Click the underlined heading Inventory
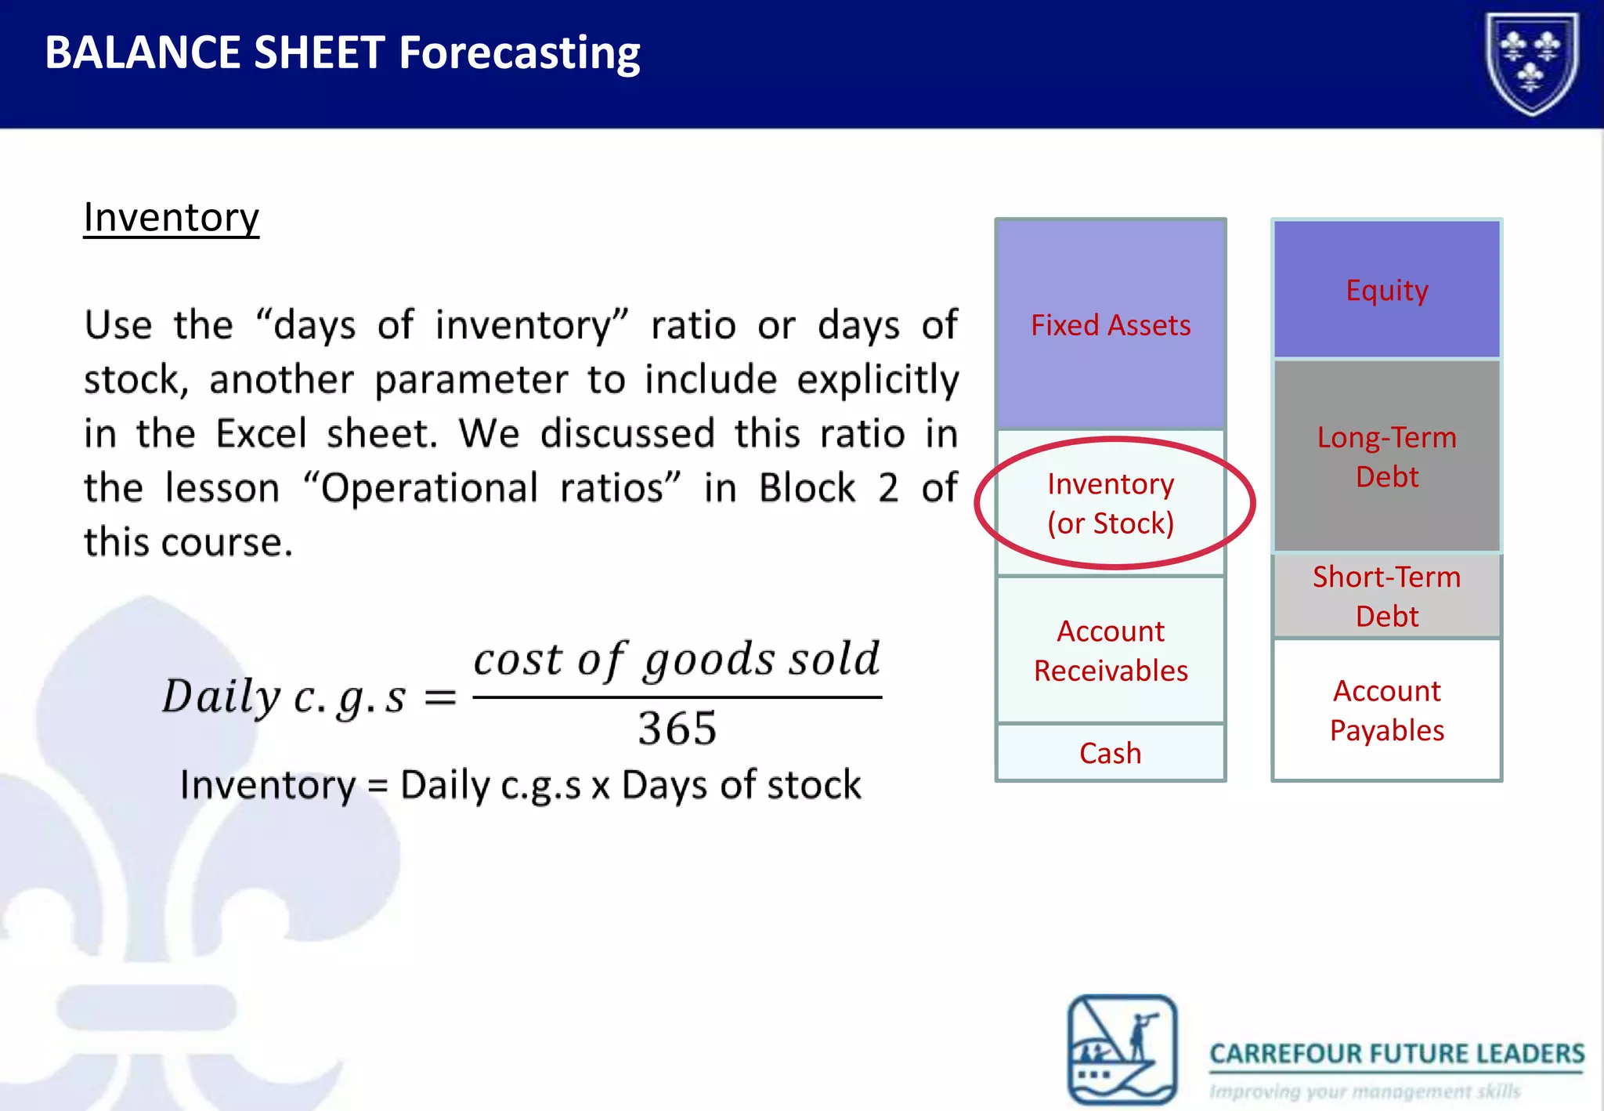tap(171, 217)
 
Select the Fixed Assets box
tap(1110, 324)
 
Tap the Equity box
tap(1386, 290)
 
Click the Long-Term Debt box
tap(1386, 456)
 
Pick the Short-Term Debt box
tap(1386, 596)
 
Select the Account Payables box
tap(1386, 710)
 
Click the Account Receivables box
tap(1110, 650)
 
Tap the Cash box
tap(1110, 753)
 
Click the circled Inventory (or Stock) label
tap(1111, 503)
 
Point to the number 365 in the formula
tap(677, 729)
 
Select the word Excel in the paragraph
tap(261, 433)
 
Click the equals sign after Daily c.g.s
tap(440, 697)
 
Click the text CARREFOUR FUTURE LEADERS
tap(1396, 1054)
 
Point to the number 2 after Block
tap(887, 487)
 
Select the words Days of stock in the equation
tap(741, 784)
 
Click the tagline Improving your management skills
tap(1364, 1091)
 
